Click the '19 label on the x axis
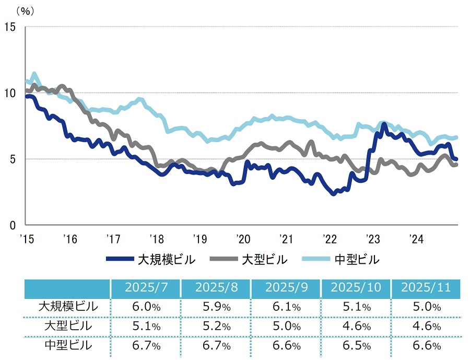[x=199, y=239]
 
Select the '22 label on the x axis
[x=329, y=239]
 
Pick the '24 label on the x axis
[x=416, y=239]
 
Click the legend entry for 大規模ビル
[x=151, y=259]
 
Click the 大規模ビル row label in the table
[x=68, y=307]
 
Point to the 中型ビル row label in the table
[x=68, y=345]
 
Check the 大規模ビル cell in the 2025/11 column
[x=424, y=307]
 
